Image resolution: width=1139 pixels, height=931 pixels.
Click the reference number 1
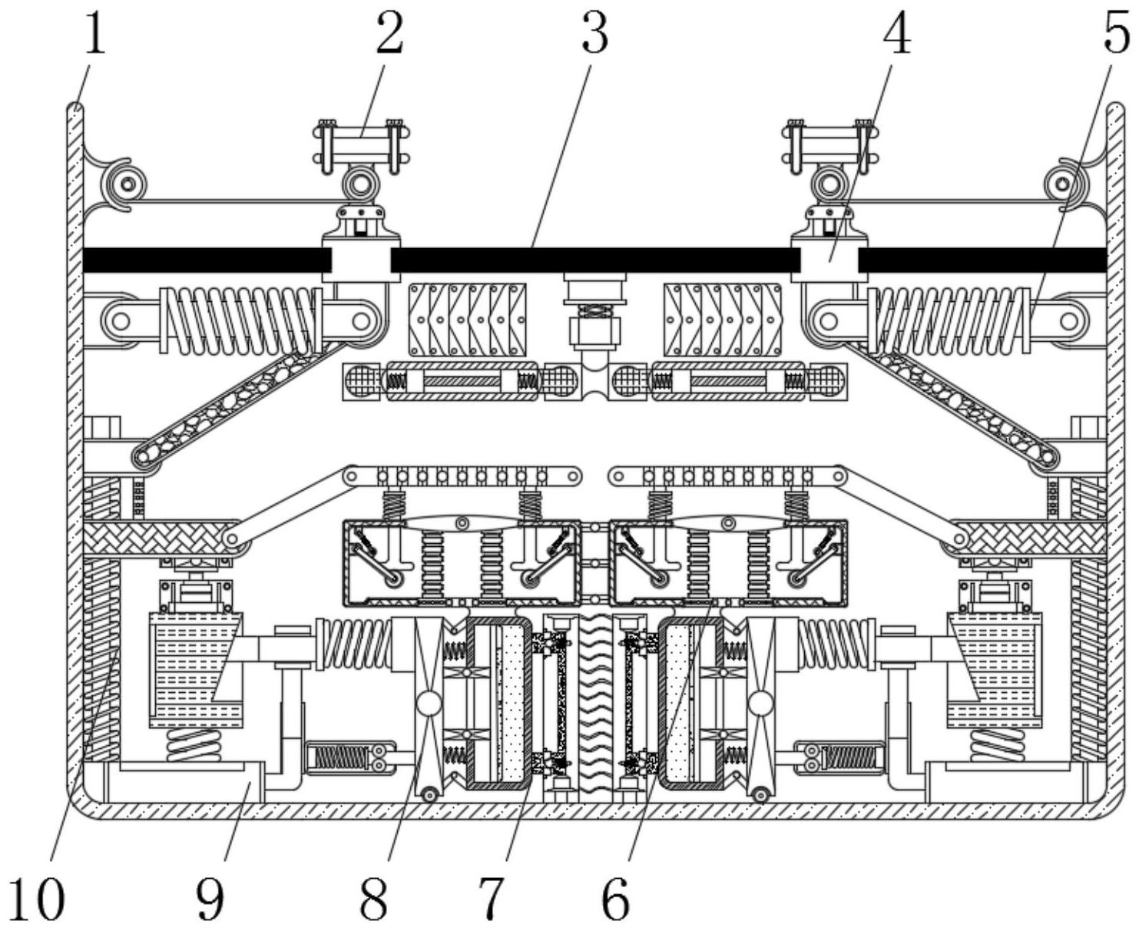click(95, 34)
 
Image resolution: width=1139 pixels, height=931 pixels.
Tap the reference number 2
click(390, 33)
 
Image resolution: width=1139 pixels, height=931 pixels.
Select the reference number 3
click(594, 33)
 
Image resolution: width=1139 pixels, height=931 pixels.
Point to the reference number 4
click(897, 33)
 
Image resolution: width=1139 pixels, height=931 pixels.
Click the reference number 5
click(1116, 33)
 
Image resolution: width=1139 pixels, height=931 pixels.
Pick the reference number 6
click(615, 900)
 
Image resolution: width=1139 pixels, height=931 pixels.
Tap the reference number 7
click(490, 900)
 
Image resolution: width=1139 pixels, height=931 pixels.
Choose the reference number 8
click(374, 900)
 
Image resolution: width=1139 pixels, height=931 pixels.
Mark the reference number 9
click(210, 900)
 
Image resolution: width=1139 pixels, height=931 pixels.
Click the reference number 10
click(37, 900)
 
